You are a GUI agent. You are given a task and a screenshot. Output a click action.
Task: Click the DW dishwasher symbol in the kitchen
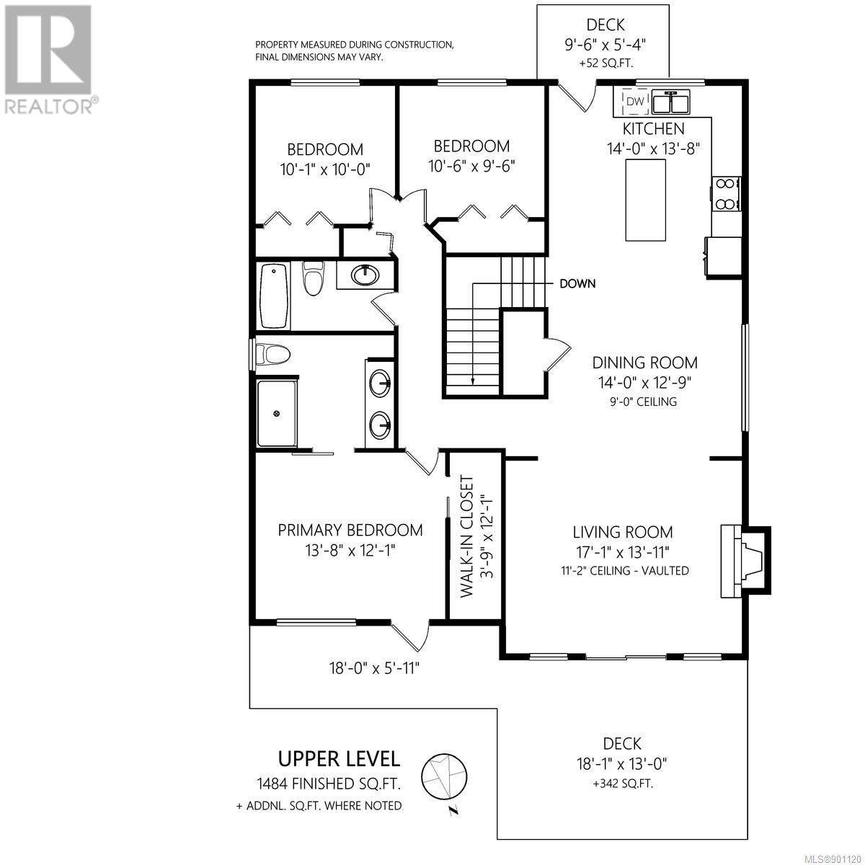pos(634,102)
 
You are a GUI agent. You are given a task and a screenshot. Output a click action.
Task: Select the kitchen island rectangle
pos(645,200)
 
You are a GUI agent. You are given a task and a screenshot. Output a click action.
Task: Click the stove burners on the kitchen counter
pos(725,194)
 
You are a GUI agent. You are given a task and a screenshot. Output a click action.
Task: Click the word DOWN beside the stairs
pos(577,284)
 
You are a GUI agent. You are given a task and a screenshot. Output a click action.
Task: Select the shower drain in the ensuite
pos(277,413)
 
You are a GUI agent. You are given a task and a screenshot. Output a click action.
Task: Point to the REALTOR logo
pos(48,59)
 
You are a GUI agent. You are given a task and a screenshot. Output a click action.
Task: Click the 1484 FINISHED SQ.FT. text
pos(328,784)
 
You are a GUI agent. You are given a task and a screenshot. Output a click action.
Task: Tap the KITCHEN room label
pos(653,129)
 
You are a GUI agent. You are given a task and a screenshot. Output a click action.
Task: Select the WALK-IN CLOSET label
pos(467,537)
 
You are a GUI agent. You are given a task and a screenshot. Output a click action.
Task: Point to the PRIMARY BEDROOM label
pos(350,530)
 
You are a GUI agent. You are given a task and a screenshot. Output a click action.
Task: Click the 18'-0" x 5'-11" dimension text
pos(374,669)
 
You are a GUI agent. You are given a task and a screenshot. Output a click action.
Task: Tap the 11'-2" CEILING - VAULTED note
pos(624,570)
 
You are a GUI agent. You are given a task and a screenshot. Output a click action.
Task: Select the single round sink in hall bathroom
pos(365,275)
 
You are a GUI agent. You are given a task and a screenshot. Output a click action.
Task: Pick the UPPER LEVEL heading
pos(339,759)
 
